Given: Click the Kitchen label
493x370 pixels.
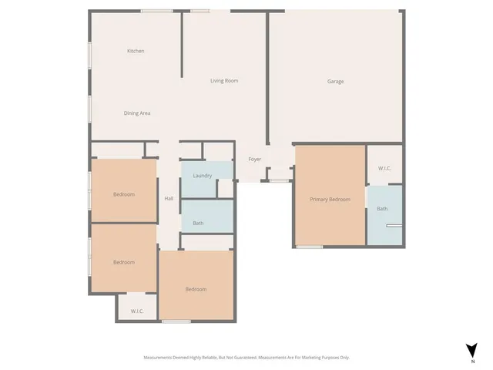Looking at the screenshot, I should tap(136, 51).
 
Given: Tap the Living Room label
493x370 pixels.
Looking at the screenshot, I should tap(224, 80).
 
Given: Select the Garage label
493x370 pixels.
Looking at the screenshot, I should tap(335, 81).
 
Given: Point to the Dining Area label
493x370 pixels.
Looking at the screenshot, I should tap(137, 113).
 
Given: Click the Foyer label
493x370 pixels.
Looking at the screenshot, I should tap(254, 160).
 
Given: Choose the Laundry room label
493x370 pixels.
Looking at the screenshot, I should tap(203, 176).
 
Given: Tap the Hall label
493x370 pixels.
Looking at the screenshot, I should tap(169, 199).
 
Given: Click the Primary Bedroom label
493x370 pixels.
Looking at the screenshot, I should tap(330, 200).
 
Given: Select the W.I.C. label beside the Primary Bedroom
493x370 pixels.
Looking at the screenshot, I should tap(384, 169).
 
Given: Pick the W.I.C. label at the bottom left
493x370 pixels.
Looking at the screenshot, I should tap(137, 311).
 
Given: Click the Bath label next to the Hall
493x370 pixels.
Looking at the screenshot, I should tap(198, 224).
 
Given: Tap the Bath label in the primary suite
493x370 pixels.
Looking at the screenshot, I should tap(382, 209).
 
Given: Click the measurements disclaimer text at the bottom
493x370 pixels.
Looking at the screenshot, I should tap(246, 358).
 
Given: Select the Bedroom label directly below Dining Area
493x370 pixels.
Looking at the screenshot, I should tap(124, 194).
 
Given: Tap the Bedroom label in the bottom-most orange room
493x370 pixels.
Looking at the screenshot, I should tap(196, 289).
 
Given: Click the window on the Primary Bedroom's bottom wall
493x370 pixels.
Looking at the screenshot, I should tap(310, 247).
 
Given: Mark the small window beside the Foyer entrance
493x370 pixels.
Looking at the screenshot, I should tap(278, 181).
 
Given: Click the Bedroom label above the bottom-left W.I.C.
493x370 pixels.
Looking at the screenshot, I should tap(124, 262).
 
